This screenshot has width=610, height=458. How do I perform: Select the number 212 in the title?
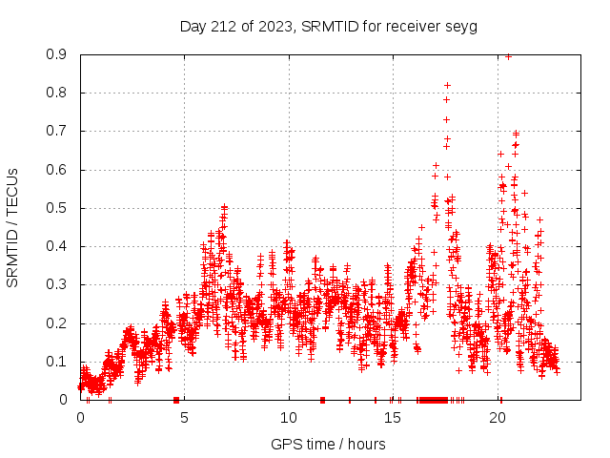224,26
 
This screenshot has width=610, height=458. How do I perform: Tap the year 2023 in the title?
272,26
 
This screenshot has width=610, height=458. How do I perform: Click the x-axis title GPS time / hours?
328,444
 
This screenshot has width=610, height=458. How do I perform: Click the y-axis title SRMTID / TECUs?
12,227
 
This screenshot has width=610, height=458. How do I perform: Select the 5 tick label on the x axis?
184,418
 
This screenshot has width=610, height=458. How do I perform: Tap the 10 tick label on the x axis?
289,418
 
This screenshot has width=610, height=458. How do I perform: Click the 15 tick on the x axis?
393,418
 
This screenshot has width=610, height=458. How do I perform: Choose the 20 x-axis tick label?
498,418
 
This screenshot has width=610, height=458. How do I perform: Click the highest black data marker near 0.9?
508,56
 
